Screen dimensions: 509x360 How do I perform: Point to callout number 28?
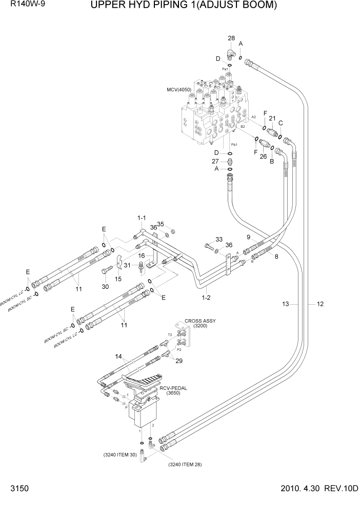[x=231, y=38]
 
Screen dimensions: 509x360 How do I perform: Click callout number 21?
[x=272, y=119]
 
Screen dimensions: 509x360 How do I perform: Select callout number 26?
[x=263, y=156]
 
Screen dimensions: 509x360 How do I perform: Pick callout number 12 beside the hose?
[x=320, y=304]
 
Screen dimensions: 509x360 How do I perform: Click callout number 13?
[x=286, y=304]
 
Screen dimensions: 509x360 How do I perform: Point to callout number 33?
[x=219, y=239]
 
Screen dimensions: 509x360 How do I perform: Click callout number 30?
[x=105, y=286]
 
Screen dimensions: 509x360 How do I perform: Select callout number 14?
[x=119, y=356]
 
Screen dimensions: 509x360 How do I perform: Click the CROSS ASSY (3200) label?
[x=200, y=323]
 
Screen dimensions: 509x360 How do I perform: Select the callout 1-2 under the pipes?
[x=206, y=297]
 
